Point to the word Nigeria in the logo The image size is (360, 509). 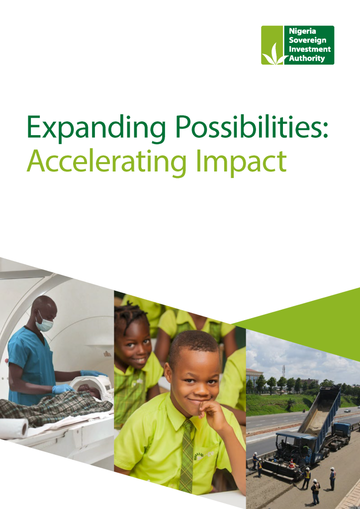coord(302,31)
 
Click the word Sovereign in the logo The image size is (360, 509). coord(307,41)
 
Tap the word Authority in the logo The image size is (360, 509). coord(307,59)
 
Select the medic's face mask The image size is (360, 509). coord(44,324)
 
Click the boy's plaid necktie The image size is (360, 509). coord(187,455)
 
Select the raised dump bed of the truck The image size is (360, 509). coord(319,409)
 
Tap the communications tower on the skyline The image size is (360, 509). coord(283,371)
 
